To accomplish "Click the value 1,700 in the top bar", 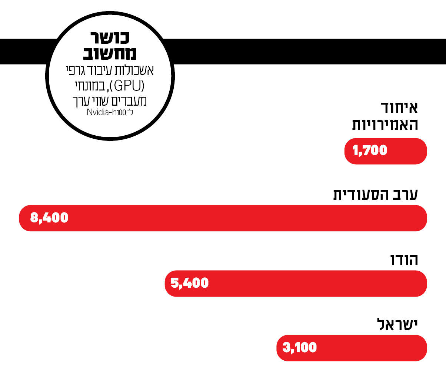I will (370, 151).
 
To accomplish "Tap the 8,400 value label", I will (49, 218).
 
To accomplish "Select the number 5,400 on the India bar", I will (189, 283).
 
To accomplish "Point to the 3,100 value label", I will (299, 348).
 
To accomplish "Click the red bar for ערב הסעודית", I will (241, 218).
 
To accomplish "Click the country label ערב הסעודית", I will (375, 194).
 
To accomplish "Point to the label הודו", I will (404, 260).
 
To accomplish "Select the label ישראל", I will (397, 324).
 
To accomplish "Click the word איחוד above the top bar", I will (399, 108).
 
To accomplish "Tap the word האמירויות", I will (385, 125).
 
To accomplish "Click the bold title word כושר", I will (110, 38).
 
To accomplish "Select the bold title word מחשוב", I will (110, 54).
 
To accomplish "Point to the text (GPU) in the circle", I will (127, 86).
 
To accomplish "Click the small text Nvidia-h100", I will (107, 112).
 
